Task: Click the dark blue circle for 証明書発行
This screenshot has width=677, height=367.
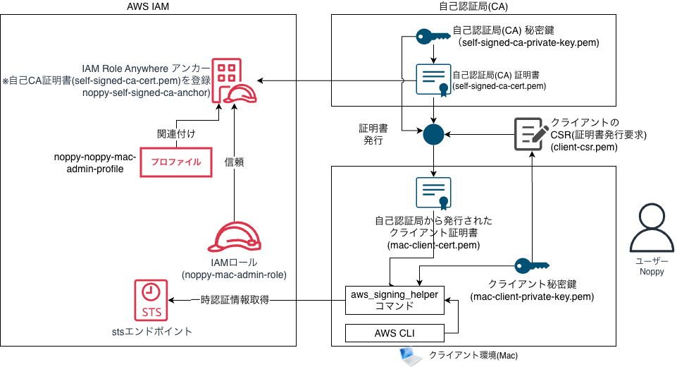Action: pyautogui.click(x=433, y=133)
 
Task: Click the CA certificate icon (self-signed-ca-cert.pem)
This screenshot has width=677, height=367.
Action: pyautogui.click(x=433, y=81)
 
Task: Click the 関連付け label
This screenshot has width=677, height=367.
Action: pyautogui.click(x=175, y=133)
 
